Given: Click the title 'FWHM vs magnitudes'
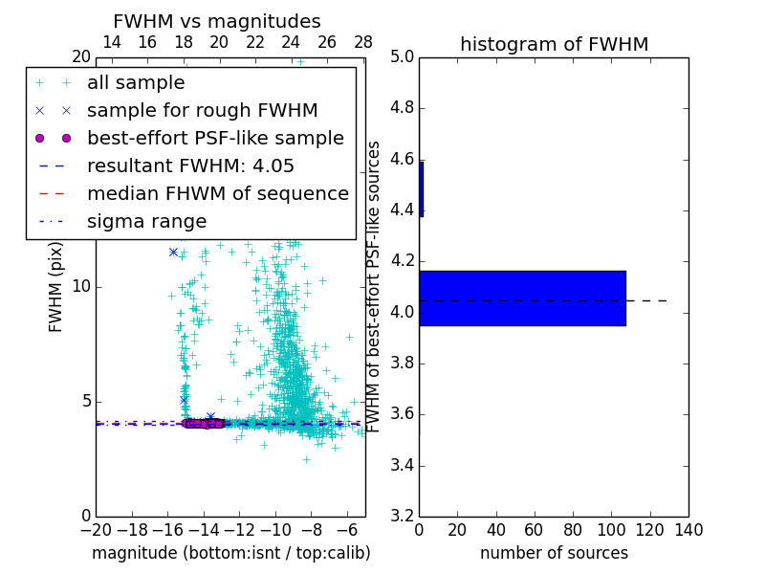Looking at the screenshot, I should click(x=217, y=21).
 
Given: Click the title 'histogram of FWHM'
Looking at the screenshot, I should click(x=554, y=44).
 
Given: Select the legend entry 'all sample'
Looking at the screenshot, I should click(x=136, y=83).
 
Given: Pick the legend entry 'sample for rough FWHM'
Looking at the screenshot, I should click(x=202, y=110).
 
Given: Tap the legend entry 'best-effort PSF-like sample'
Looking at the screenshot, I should click(x=215, y=138).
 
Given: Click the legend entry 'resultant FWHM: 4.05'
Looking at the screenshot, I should click(x=190, y=166).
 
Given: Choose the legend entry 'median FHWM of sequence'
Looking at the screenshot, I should click(x=217, y=193).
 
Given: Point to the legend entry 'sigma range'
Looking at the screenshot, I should click(x=146, y=221).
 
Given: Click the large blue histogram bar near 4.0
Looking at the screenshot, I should click(x=522, y=298).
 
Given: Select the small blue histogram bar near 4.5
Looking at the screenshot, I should click(x=421, y=188).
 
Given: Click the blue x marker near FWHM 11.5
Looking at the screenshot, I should click(x=173, y=252).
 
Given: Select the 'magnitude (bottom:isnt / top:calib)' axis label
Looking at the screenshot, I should click(x=230, y=553).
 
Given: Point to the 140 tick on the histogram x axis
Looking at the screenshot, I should click(x=688, y=530).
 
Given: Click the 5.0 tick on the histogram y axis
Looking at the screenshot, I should click(x=401, y=56).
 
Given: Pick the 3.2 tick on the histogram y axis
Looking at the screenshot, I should click(x=401, y=517).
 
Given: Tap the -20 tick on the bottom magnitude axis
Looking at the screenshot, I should click(x=96, y=530).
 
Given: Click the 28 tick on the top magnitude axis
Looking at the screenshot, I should click(x=363, y=42).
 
